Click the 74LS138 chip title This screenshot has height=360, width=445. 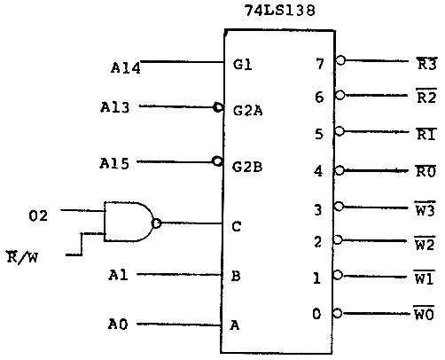(x=280, y=11)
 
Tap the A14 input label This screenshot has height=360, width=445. (x=126, y=67)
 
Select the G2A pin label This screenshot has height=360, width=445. (x=247, y=111)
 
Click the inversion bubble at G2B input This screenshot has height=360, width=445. (x=217, y=161)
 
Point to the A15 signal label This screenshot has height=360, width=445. (x=114, y=163)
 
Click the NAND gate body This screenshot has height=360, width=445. (x=129, y=222)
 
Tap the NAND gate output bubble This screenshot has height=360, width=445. (x=157, y=223)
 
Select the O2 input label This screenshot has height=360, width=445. (x=38, y=215)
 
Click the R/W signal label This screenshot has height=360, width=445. (x=22, y=256)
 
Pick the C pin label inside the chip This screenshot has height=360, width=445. (x=237, y=226)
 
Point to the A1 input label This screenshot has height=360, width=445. (x=118, y=275)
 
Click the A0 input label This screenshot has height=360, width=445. (x=118, y=324)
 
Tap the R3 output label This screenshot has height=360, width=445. (x=426, y=63)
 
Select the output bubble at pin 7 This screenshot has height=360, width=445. (x=340, y=60)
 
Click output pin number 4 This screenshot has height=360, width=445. (x=318, y=171)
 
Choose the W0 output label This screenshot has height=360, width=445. (x=424, y=313)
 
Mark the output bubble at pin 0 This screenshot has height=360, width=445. (x=338, y=313)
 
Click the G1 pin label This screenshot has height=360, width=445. (x=242, y=64)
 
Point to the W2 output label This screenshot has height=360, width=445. (x=425, y=244)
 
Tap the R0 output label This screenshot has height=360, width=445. (x=425, y=171)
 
